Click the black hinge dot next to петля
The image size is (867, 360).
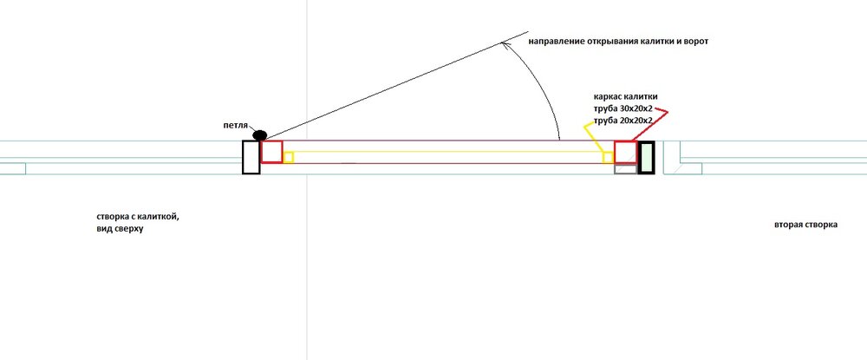[259, 135]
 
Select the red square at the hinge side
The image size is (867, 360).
[271, 152]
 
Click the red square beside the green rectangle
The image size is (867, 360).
[625, 152]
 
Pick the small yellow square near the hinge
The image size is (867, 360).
[288, 157]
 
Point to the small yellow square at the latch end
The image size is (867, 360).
[608, 158]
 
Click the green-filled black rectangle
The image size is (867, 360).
[646, 158]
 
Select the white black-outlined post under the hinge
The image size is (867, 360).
[251, 157]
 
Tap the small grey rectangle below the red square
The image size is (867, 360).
[626, 169]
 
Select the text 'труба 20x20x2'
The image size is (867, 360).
[622, 120]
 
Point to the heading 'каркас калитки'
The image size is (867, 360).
[625, 97]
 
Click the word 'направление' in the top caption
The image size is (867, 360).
[555, 42]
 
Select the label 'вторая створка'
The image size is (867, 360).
[805, 225]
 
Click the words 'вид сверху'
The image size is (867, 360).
[119, 228]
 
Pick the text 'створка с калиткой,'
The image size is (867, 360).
[138, 217]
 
